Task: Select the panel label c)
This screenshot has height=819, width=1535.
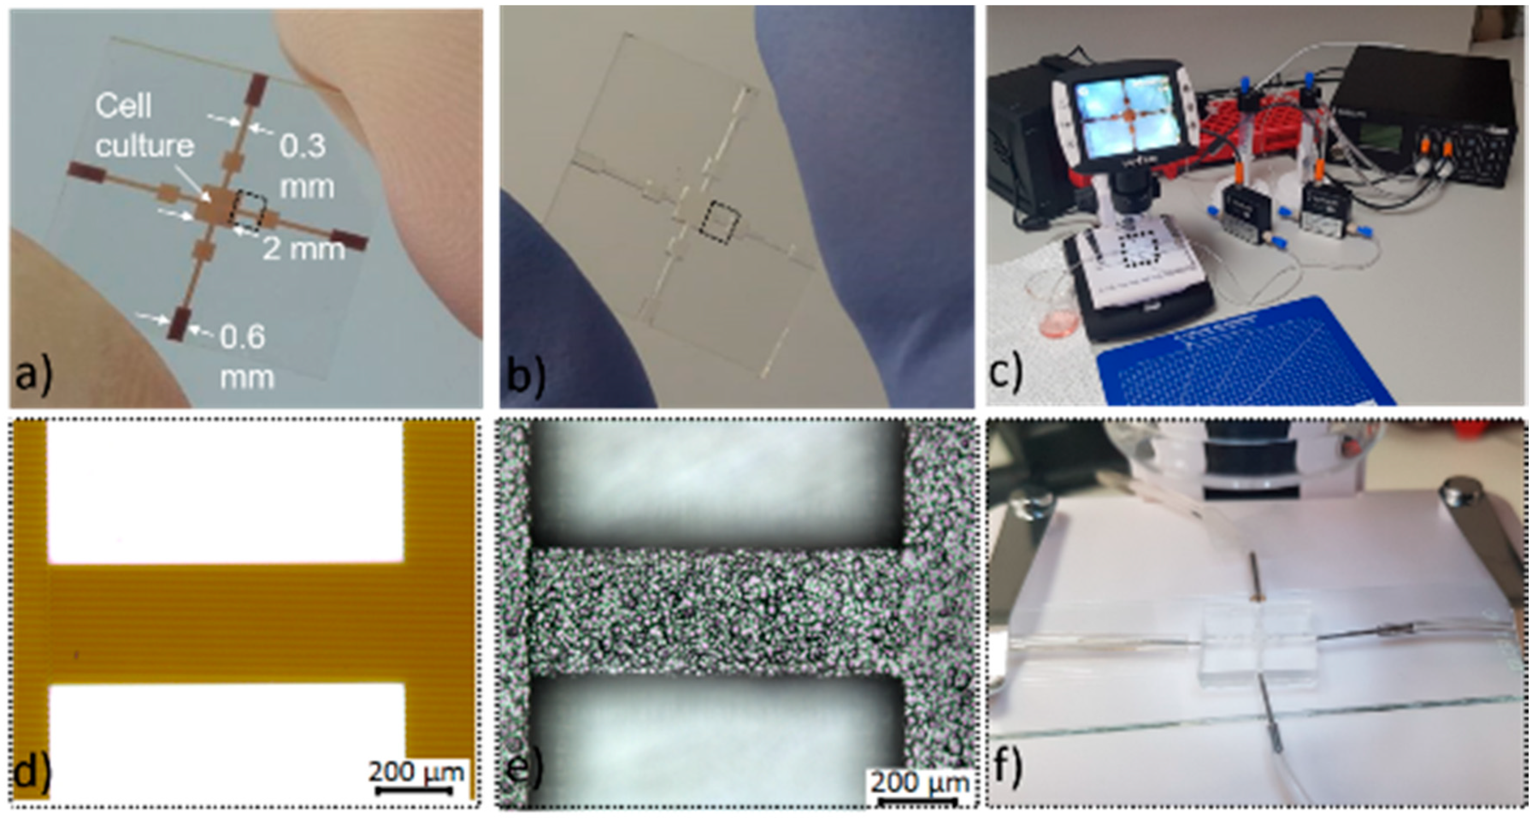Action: (x=1006, y=372)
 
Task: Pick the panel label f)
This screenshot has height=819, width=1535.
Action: (x=1008, y=768)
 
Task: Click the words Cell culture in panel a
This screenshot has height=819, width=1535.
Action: (x=144, y=126)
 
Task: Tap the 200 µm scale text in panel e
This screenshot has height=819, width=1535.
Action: (x=920, y=781)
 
